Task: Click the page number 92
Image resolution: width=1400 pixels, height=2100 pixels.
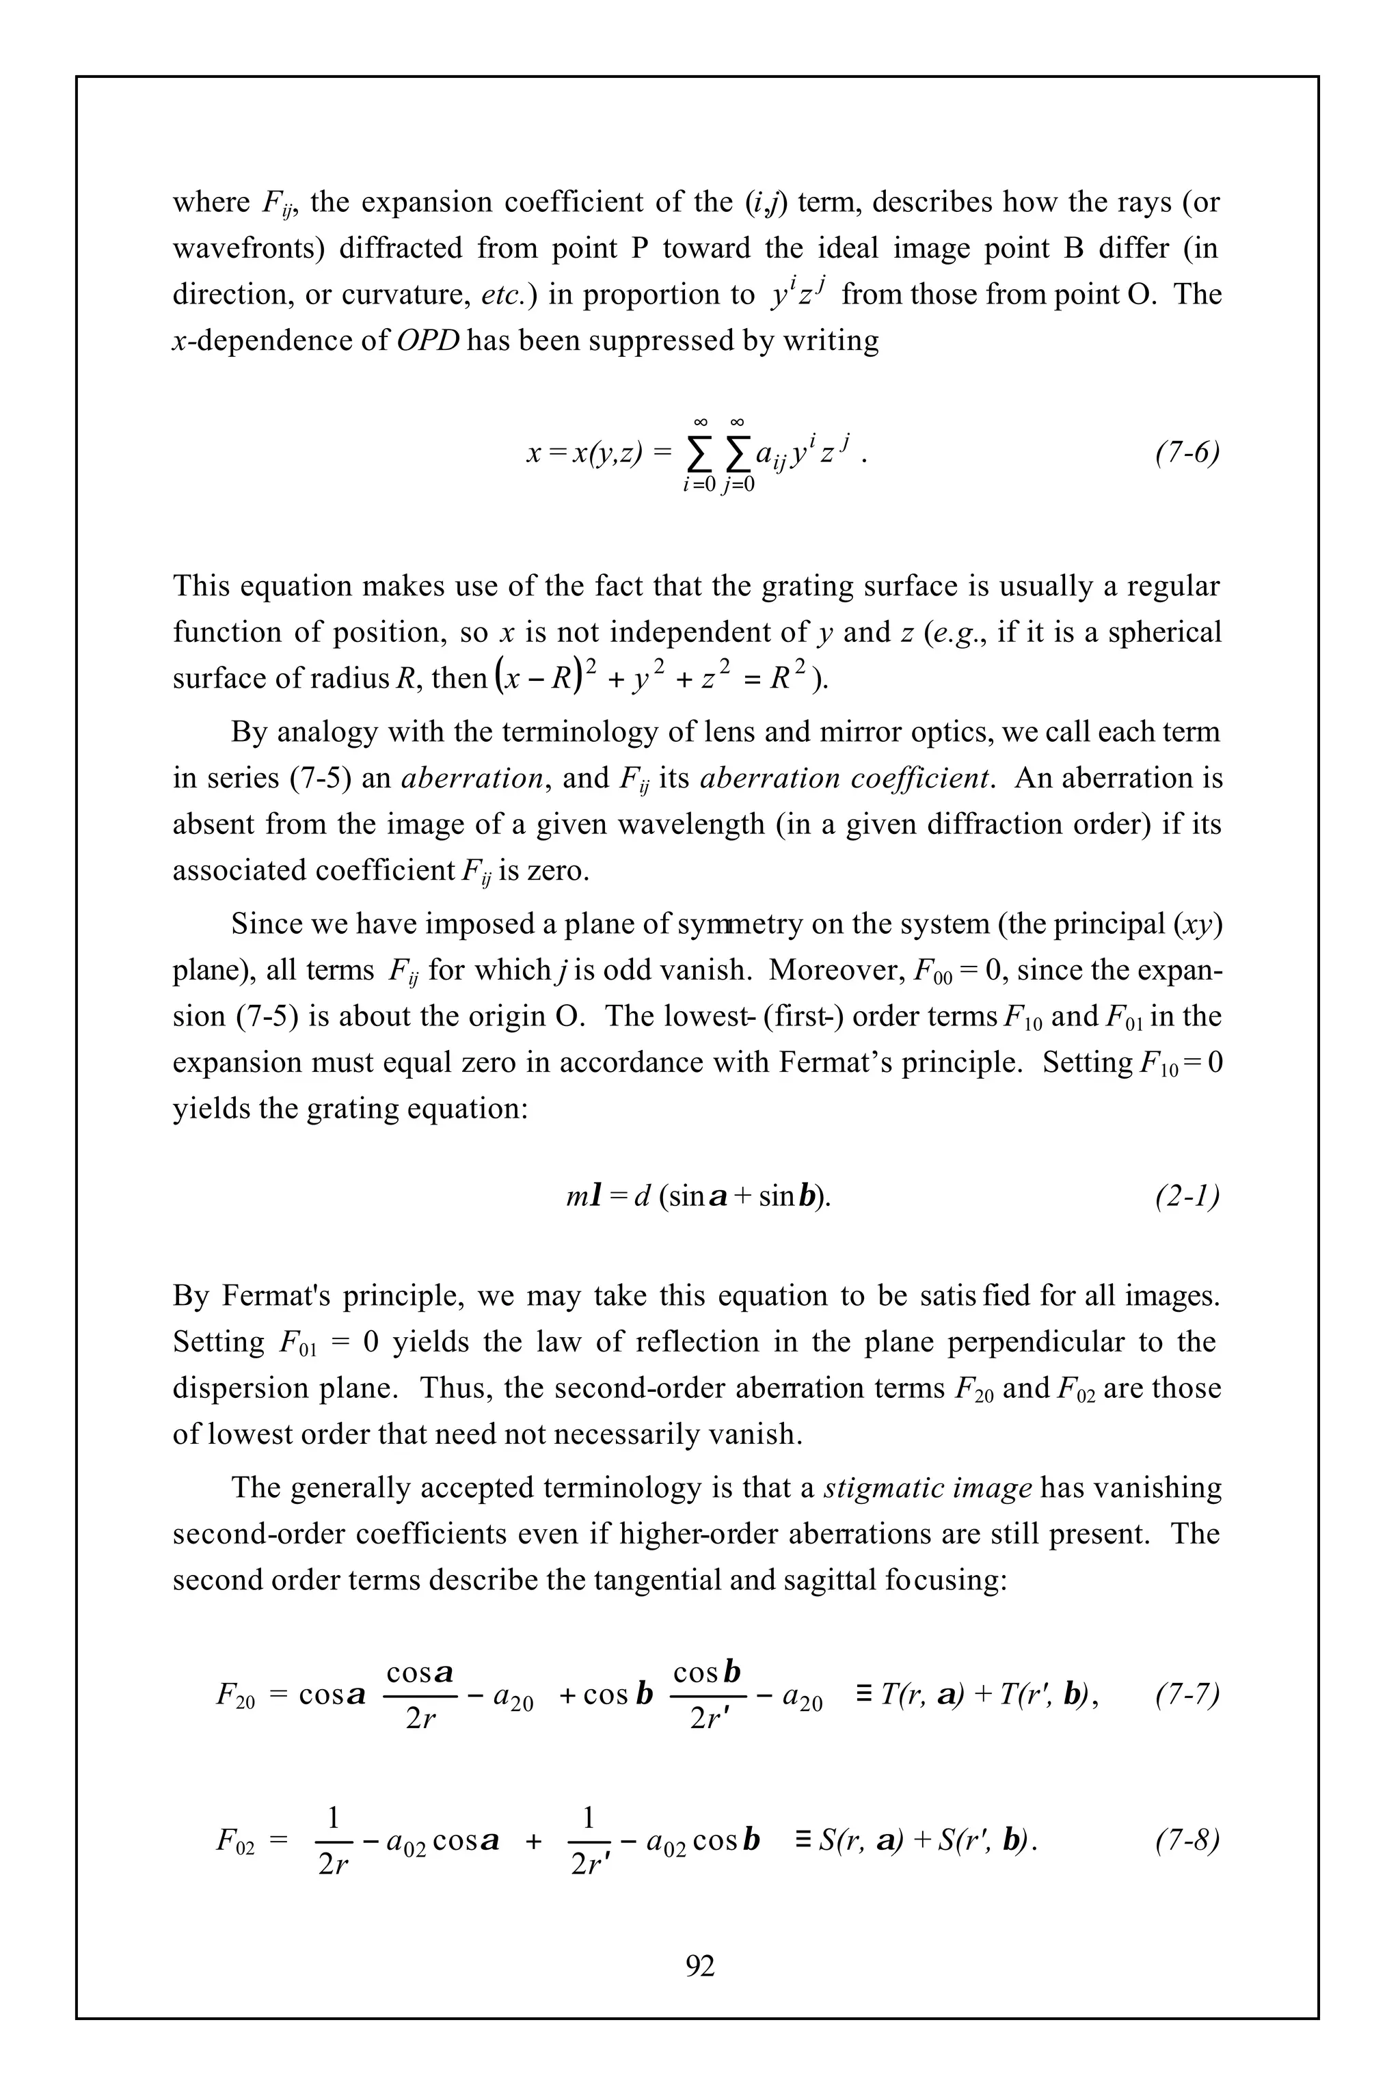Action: [x=700, y=1965]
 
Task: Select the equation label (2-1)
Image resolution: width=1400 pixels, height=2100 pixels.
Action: [x=1187, y=1196]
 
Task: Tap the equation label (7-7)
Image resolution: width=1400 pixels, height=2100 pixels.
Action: [x=1187, y=1694]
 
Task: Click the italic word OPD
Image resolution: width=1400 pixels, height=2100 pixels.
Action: [x=427, y=341]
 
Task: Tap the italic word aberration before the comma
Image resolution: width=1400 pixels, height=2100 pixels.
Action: [x=472, y=779]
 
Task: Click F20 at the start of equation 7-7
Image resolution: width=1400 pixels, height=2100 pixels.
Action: [x=235, y=1695]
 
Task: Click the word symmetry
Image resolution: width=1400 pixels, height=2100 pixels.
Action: [x=740, y=924]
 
